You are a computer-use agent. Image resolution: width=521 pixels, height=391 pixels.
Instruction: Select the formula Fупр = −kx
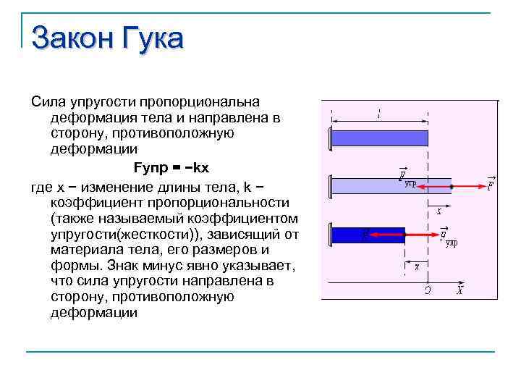[x=171, y=167]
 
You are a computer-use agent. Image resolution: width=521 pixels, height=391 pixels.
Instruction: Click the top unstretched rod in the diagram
[x=379, y=138]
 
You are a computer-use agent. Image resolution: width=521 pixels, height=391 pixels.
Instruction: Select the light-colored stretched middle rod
[x=391, y=186]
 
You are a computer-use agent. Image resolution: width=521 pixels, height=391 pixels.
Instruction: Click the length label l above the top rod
[x=378, y=114]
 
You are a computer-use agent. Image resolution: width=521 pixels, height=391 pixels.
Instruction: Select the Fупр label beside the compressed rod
[x=448, y=236]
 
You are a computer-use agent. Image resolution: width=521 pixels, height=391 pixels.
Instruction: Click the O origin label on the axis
[x=428, y=290]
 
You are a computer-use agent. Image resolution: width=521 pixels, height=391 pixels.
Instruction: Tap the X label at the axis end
[x=459, y=290]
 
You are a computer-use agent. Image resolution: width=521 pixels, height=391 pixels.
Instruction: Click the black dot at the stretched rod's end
[x=452, y=186]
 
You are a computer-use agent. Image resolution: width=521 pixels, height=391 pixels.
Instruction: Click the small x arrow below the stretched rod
[x=439, y=211]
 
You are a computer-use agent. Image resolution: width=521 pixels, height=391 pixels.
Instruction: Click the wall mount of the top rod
[x=329, y=138]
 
